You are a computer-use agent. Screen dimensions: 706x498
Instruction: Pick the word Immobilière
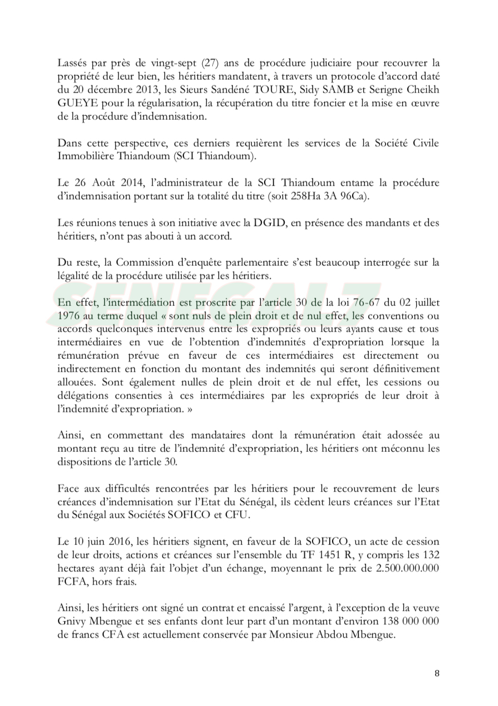coord(82,156)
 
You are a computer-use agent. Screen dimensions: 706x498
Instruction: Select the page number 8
coord(437,673)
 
